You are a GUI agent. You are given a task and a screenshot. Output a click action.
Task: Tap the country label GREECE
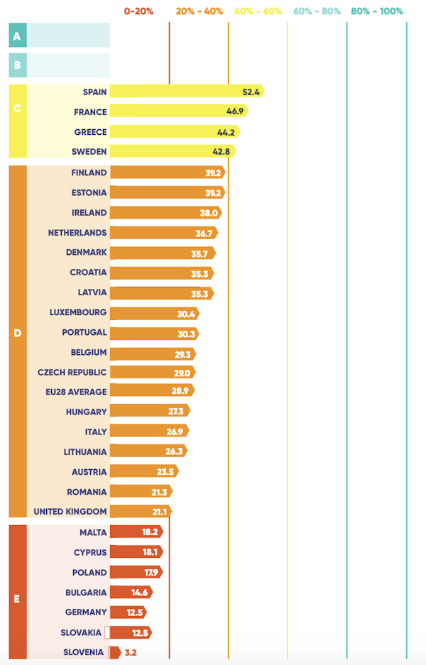pyautogui.click(x=90, y=132)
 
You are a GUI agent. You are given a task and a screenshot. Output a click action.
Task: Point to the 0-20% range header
pyautogui.click(x=138, y=11)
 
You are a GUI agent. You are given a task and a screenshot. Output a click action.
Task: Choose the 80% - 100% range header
pyautogui.click(x=376, y=11)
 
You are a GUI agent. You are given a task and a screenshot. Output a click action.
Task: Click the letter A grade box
pyautogui.click(x=17, y=35)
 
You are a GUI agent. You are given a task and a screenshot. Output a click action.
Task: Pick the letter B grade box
pyautogui.click(x=17, y=66)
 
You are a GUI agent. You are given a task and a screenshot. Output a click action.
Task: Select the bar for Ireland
pyautogui.click(x=165, y=212)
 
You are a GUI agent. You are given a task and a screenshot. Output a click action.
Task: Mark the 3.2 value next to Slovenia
pyautogui.click(x=131, y=652)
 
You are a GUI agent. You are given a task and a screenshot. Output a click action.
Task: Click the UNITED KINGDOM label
pyautogui.click(x=70, y=512)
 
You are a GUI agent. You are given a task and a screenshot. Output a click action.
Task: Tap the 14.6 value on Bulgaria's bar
pyautogui.click(x=139, y=592)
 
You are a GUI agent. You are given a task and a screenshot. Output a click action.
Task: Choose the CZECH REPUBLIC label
pyautogui.click(x=72, y=372)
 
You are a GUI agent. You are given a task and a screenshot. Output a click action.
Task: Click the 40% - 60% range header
pyautogui.click(x=257, y=11)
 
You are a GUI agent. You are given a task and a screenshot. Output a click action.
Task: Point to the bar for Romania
pyautogui.click(x=141, y=492)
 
